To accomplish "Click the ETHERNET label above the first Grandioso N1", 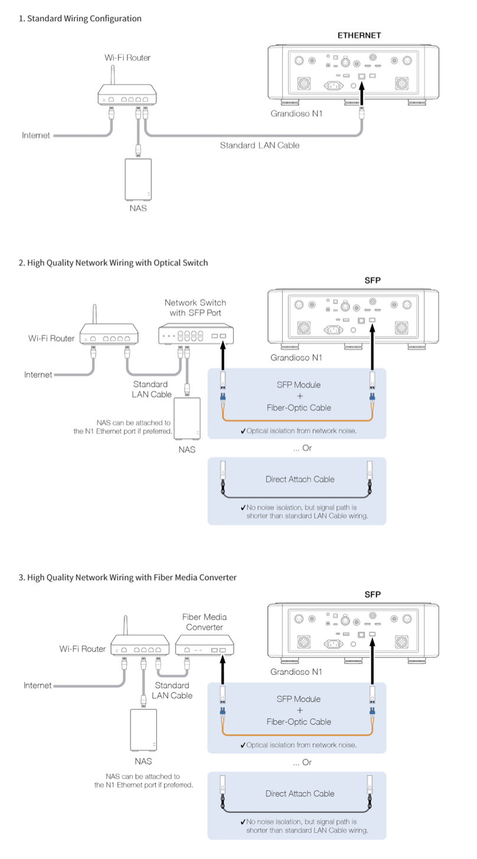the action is click(359, 35).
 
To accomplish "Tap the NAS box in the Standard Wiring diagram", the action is click(138, 180).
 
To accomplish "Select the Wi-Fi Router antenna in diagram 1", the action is click(113, 75).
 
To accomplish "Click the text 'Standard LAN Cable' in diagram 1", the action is click(259, 145).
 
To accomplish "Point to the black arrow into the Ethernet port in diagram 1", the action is click(361, 94).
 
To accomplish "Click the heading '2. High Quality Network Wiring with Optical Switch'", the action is click(113, 263).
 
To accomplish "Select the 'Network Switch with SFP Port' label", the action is click(195, 308).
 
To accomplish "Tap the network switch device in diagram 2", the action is click(196, 334).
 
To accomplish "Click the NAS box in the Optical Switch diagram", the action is click(187, 419).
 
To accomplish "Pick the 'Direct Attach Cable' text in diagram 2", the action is click(300, 479).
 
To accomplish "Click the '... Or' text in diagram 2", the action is click(302, 448).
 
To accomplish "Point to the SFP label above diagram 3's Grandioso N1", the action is click(373, 594).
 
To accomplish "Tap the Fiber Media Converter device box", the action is click(205, 645).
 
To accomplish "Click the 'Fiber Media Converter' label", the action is click(204, 622).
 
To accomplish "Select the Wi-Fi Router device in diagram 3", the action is click(140, 640).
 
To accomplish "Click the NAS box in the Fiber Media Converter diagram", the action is click(143, 730).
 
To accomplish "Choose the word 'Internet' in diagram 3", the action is click(37, 685).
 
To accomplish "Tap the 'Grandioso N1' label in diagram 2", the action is click(296, 358).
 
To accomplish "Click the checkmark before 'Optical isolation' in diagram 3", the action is click(243, 746).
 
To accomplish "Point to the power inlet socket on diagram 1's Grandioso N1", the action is click(334, 86).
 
